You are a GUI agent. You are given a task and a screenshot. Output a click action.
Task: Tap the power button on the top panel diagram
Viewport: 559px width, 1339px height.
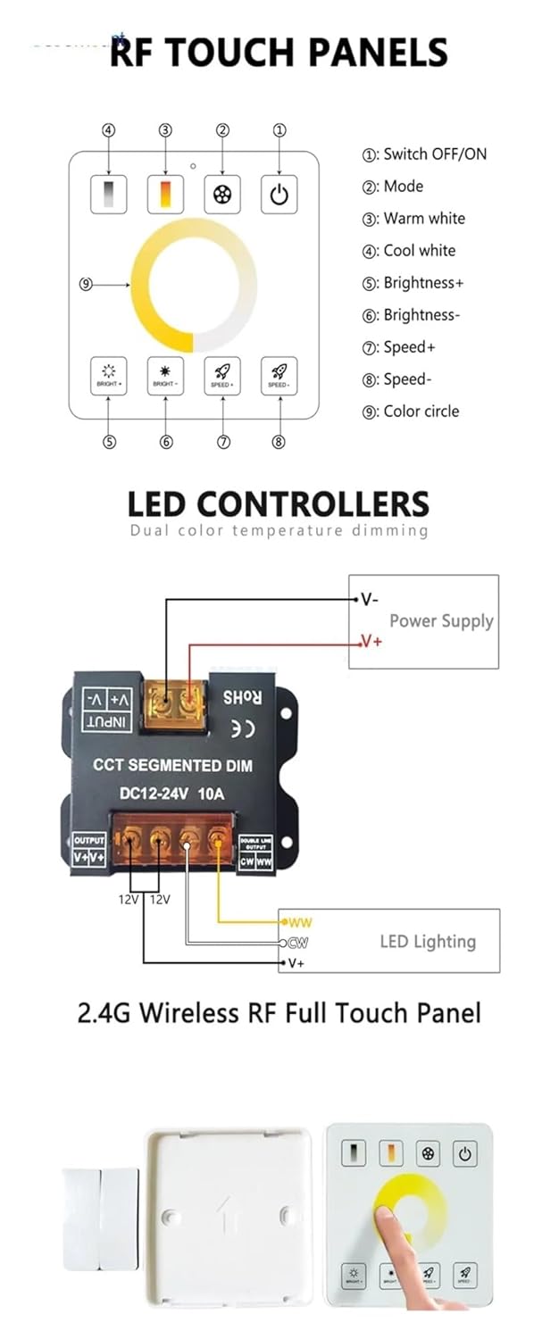pyautogui.click(x=279, y=195)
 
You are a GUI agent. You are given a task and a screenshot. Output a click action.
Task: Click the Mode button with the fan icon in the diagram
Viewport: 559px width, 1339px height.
pyautogui.click(x=222, y=195)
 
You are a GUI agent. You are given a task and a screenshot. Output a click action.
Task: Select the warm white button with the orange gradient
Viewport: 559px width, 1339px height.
pyautogui.click(x=165, y=195)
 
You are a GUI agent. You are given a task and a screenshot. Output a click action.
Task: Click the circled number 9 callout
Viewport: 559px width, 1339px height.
pyautogui.click(x=86, y=285)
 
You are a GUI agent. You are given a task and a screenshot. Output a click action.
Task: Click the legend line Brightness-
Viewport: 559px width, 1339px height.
pyautogui.click(x=421, y=315)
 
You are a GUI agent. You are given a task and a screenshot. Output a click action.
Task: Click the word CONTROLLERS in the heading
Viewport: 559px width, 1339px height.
pyautogui.click(x=313, y=504)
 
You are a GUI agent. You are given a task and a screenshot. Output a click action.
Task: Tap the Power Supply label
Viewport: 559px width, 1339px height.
pyautogui.click(x=441, y=621)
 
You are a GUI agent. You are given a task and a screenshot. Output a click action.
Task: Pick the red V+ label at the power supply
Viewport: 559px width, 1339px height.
pyautogui.click(x=371, y=641)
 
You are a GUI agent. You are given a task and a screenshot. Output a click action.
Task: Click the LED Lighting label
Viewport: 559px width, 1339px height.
pyautogui.click(x=428, y=941)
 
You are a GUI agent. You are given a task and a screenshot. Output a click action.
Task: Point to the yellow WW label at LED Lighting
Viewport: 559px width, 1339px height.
pyautogui.click(x=300, y=921)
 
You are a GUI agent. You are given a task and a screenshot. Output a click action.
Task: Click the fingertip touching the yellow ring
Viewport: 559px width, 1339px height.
pyautogui.click(x=387, y=1219)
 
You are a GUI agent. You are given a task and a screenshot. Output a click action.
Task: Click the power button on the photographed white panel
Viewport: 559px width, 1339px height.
pyautogui.click(x=464, y=1154)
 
